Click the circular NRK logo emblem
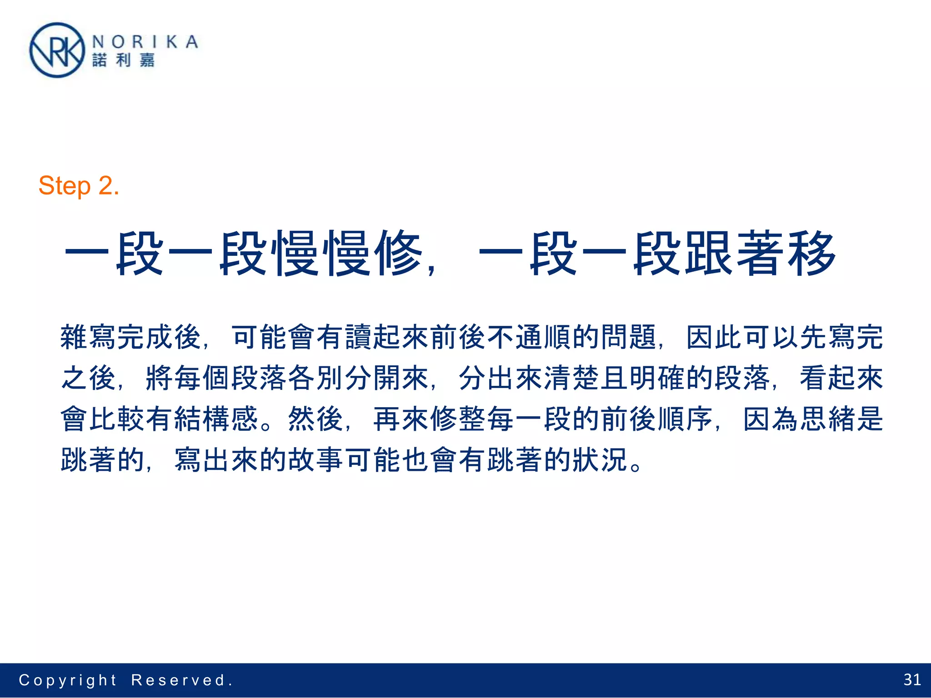[57, 50]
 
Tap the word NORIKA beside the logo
[145, 42]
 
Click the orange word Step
[65, 186]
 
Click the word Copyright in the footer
[68, 680]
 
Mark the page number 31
[912, 680]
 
